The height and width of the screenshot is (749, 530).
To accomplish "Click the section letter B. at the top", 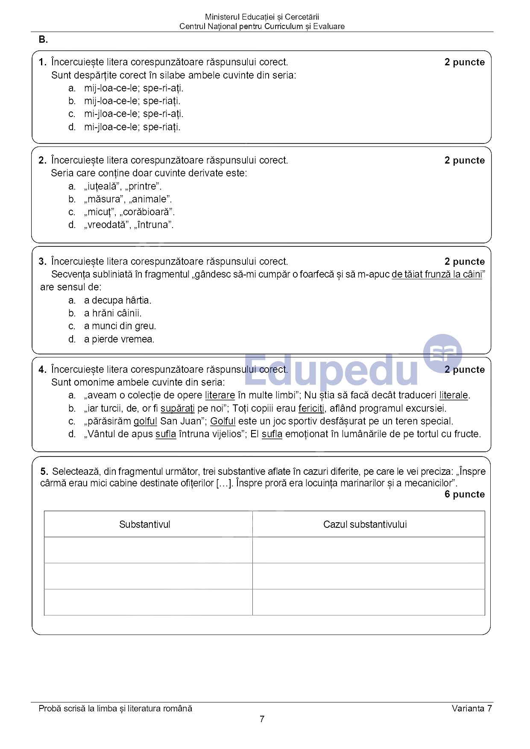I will tap(43, 40).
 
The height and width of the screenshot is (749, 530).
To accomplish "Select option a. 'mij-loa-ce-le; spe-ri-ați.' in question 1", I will tap(133, 88).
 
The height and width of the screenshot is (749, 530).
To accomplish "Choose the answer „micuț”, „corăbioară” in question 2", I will tap(129, 212).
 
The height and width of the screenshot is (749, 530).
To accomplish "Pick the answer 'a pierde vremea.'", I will tap(119, 339).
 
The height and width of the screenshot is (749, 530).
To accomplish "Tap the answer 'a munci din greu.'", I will tap(120, 326).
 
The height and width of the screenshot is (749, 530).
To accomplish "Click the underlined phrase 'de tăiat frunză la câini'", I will tap(436, 275).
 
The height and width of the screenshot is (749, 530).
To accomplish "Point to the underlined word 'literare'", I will tap(220, 395).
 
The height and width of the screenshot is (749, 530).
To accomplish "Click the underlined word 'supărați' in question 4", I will tap(177, 409).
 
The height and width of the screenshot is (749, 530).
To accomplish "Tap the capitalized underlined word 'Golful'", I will tap(223, 421).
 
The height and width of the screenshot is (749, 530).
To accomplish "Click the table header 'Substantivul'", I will tap(145, 524).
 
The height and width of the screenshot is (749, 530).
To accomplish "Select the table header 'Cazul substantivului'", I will tap(365, 524).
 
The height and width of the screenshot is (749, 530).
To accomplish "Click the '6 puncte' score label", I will tap(465, 494).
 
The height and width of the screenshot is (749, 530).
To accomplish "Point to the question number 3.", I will tap(42, 262).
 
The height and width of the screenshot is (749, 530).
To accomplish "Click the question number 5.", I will tap(44, 472).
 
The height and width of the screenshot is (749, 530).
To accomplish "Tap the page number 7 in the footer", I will tap(262, 719).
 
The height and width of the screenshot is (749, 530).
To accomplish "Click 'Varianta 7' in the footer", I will tap(471, 708).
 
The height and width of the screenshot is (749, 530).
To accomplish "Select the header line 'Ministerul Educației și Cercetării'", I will tap(262, 17).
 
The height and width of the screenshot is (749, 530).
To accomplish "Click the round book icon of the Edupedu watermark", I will tap(442, 354).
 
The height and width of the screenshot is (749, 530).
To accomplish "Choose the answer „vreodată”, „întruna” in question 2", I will tap(129, 225).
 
